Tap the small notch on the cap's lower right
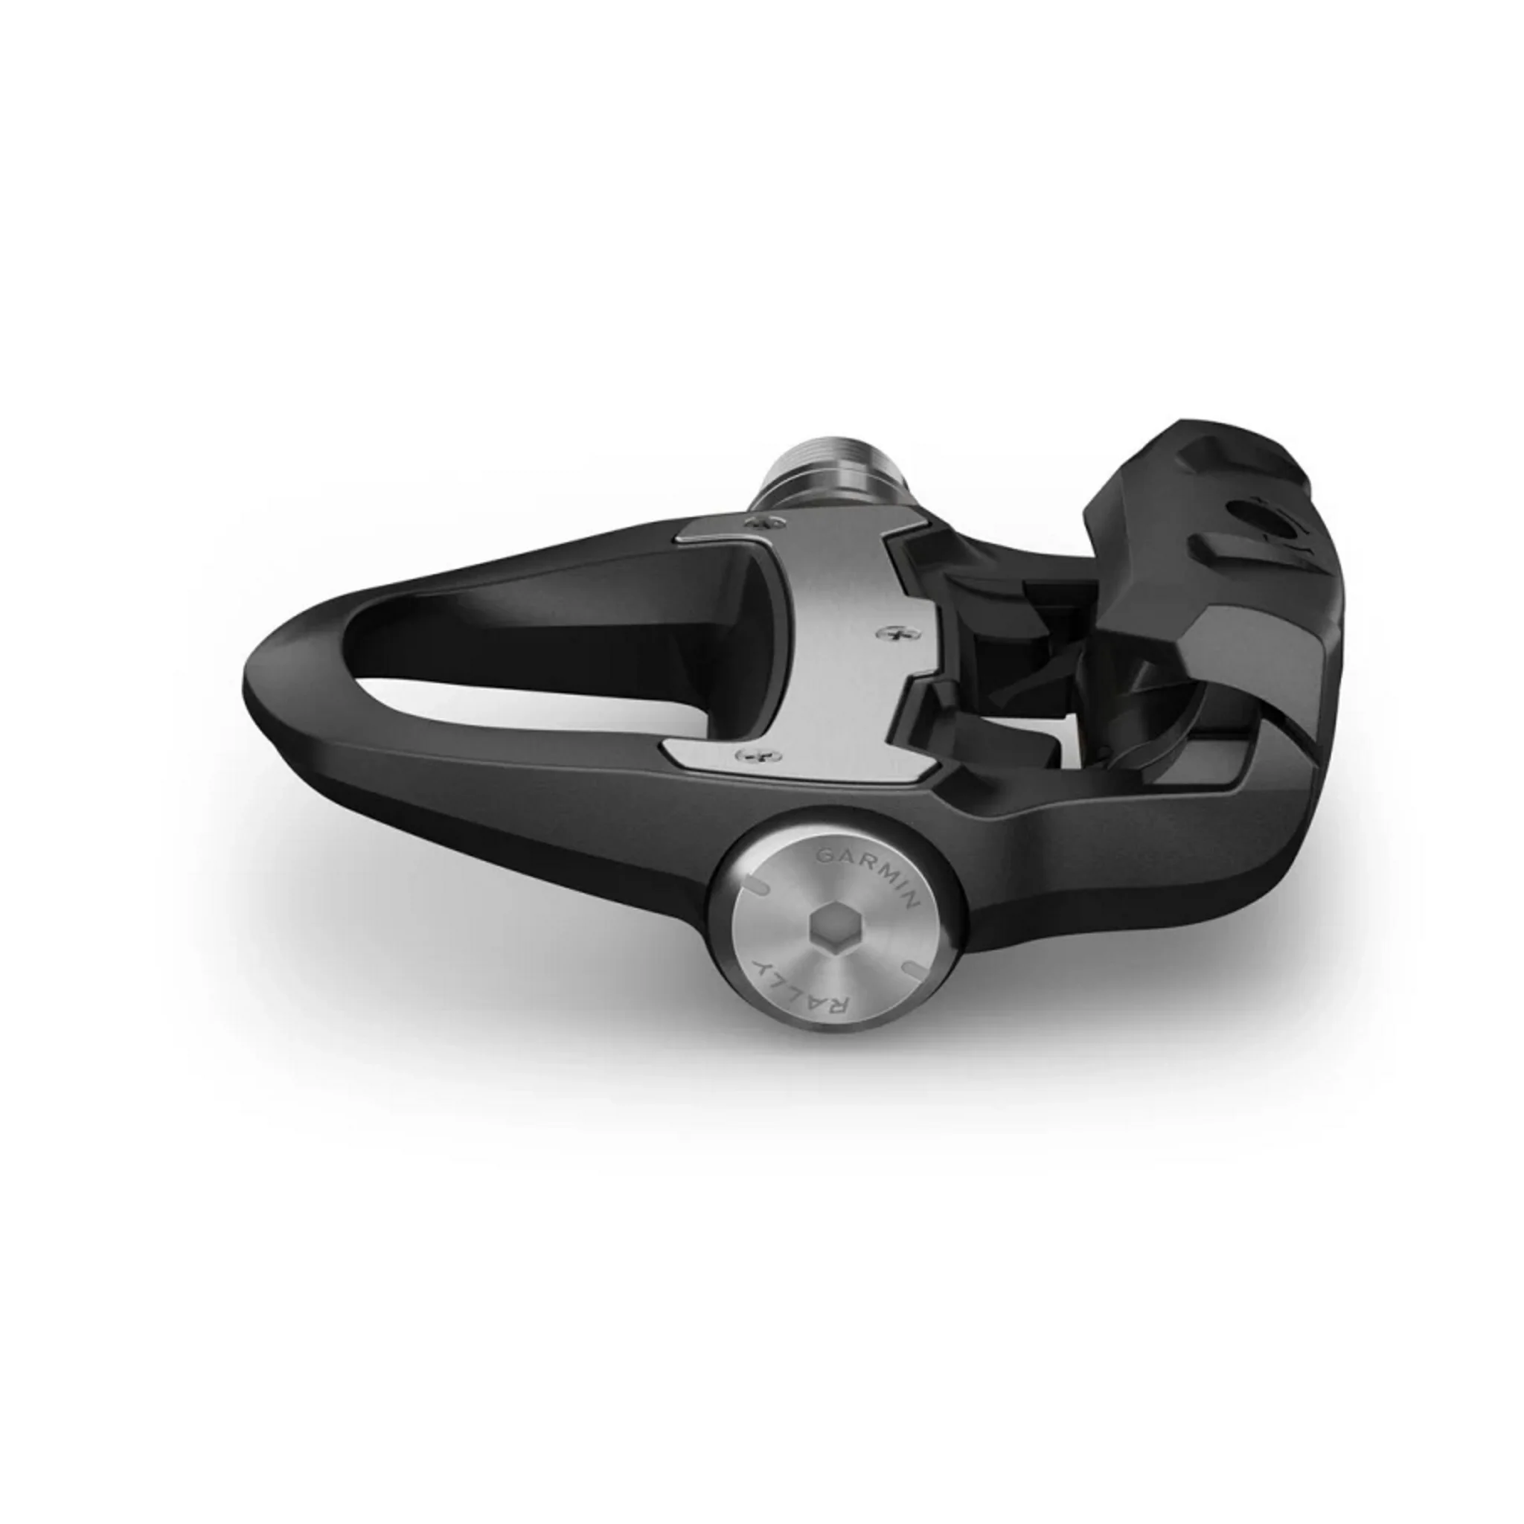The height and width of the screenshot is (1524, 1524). (909, 967)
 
